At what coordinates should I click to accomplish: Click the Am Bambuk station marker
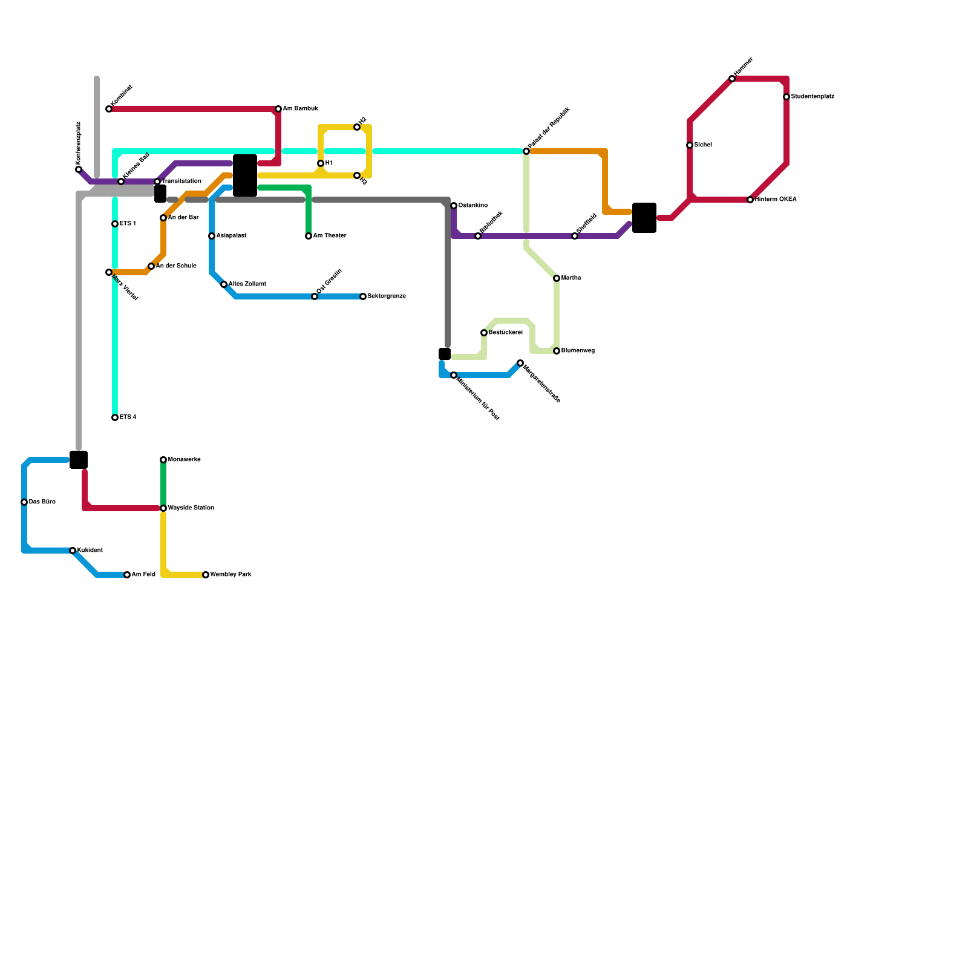[278, 109]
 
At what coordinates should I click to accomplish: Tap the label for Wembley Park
[231, 575]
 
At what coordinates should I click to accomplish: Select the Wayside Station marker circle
[163, 508]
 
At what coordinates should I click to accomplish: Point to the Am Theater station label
[330, 236]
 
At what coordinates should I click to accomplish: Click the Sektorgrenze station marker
[363, 296]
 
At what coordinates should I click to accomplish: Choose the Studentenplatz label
[813, 97]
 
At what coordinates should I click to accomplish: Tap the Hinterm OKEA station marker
[750, 200]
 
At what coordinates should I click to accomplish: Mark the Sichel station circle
[690, 145]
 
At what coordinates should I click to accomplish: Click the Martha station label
[571, 278]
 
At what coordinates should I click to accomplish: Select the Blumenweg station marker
[557, 351]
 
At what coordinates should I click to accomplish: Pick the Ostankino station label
[473, 206]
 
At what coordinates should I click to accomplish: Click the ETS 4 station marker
[115, 417]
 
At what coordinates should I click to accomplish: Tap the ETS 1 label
[128, 224]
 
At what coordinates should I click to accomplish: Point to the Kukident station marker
[73, 551]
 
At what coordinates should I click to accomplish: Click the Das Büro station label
[42, 502]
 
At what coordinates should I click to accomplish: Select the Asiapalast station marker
[212, 236]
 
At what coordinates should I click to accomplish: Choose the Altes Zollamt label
[247, 284]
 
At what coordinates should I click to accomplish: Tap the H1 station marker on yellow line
[321, 163]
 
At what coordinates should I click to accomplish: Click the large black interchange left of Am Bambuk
[245, 175]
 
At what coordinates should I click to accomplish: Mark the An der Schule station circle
[151, 266]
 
